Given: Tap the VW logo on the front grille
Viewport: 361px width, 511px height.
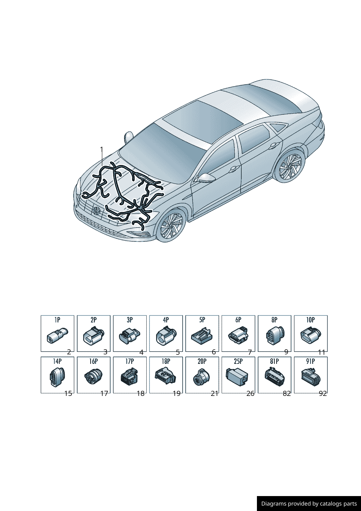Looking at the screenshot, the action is point(96,210).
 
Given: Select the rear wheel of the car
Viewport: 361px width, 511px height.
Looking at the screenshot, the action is point(290,166).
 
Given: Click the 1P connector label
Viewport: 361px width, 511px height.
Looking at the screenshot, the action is point(57,320).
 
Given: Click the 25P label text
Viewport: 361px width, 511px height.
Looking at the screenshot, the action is point(238,361).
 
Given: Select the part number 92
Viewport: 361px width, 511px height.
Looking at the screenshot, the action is point(323,394).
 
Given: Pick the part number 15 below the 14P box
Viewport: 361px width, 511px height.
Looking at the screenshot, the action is point(68,393).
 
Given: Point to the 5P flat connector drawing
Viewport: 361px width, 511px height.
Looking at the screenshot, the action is point(202,336).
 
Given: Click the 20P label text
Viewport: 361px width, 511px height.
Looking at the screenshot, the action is point(202,361).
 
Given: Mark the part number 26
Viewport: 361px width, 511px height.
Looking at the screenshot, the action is point(250,394).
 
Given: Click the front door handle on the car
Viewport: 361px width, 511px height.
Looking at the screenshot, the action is point(233,169).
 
